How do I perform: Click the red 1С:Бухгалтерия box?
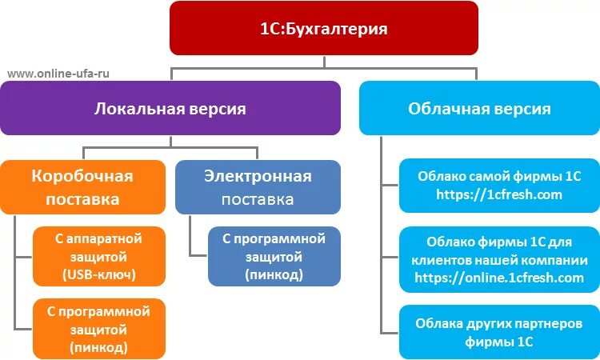(323, 29)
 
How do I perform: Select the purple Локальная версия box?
(170, 108)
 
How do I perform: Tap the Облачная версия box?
(479, 108)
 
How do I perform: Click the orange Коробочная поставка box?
(82, 187)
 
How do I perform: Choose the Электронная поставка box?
(258, 187)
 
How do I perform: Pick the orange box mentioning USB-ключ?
(98, 257)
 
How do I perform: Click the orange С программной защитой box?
(98, 328)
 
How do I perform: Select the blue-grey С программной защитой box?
(274, 257)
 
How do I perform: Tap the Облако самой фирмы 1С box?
(499, 185)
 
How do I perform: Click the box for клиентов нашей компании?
(499, 259)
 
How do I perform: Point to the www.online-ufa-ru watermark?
(58, 73)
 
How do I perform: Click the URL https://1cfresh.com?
(499, 194)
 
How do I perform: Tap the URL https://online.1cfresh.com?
(499, 278)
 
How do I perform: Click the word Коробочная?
(82, 176)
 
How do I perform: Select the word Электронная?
(258, 176)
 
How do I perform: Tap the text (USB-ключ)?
(98, 274)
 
